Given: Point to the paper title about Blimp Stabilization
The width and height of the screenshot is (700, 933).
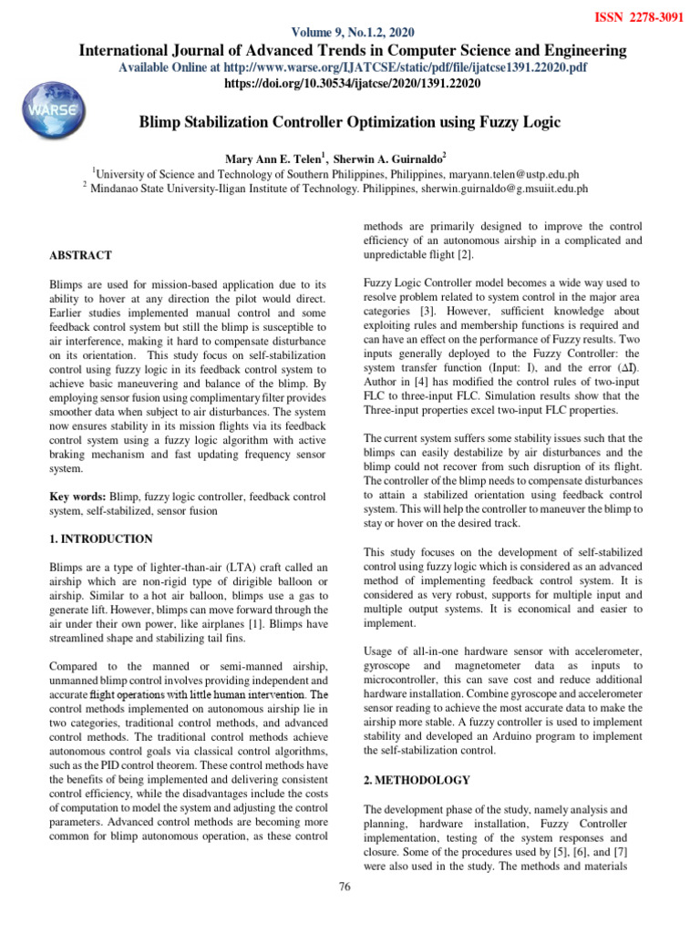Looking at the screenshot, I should (x=349, y=121).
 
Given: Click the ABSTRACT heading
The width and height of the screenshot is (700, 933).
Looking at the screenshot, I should (x=81, y=256).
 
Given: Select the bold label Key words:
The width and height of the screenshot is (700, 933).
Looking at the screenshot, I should (x=77, y=497).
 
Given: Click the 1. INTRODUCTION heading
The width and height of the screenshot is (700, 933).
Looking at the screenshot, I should (x=101, y=539).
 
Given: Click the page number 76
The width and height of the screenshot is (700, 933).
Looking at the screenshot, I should (x=345, y=888).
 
